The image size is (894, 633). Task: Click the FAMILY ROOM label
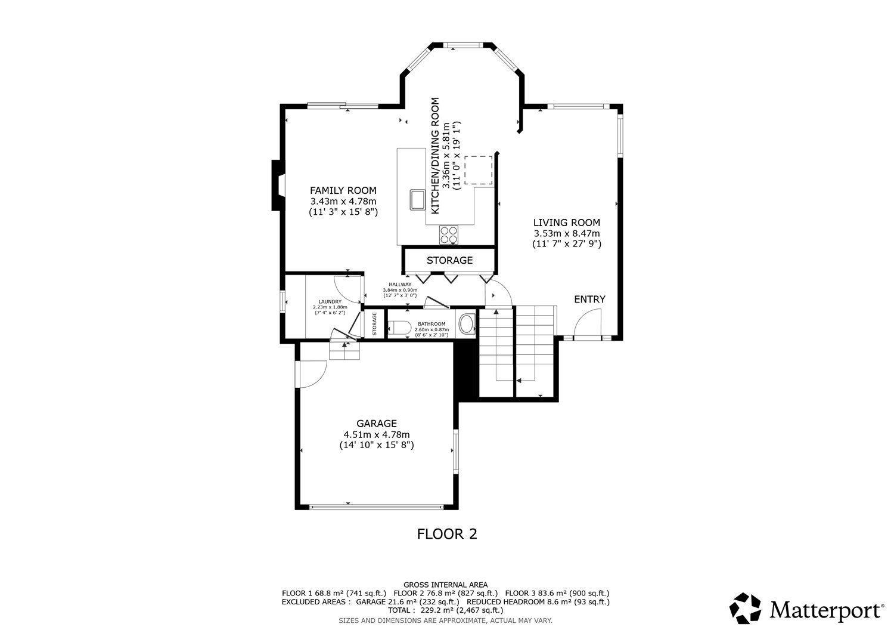point(343,191)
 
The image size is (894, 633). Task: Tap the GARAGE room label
point(376,424)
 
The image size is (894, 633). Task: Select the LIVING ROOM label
point(567,223)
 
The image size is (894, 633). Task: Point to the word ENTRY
point(589,299)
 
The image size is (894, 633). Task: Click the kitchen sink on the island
point(417,199)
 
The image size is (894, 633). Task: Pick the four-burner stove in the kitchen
point(449,234)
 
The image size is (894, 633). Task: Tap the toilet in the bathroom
point(399,328)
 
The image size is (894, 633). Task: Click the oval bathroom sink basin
point(467,324)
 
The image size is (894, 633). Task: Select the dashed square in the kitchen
point(478,170)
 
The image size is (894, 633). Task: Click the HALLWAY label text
point(400,285)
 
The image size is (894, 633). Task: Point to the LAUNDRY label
point(330,302)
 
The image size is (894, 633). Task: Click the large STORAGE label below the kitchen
point(450,261)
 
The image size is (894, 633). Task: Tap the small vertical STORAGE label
point(374,324)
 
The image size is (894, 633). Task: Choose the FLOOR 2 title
point(447,534)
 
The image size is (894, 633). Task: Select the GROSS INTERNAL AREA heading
point(445,585)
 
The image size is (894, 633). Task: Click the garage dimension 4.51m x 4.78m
point(377,434)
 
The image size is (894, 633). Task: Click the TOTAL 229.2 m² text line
point(445,610)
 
